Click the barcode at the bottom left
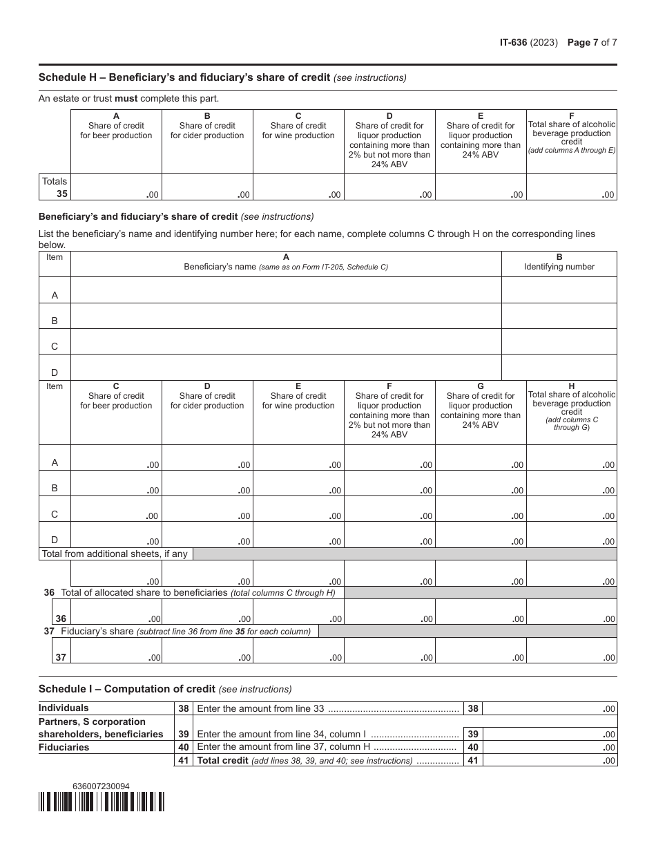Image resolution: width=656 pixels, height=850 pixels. pyautogui.click(x=102, y=801)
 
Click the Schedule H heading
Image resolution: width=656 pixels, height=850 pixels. pyautogui.click(x=184, y=77)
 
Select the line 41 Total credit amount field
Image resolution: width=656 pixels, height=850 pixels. pyautogui.click(x=550, y=760)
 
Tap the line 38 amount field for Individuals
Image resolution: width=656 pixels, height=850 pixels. pyautogui.click(x=550, y=708)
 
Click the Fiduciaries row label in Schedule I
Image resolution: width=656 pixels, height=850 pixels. pyautogui.click(x=64, y=747)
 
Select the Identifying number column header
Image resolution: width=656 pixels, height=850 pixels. pyautogui.click(x=559, y=262)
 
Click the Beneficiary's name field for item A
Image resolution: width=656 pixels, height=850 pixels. pyautogui.click(x=286, y=290)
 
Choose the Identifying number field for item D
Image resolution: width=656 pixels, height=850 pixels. pyautogui.click(x=559, y=367)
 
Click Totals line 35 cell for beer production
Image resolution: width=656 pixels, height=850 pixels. pyautogui.click(x=116, y=187)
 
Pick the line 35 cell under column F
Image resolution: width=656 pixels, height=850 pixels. pyautogui.click(x=571, y=187)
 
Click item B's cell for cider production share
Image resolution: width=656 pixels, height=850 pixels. pyautogui.click(x=207, y=483)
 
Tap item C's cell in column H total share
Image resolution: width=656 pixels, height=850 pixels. pyautogui.click(x=571, y=509)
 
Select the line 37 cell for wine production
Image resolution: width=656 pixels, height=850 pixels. pyautogui.click(x=298, y=650)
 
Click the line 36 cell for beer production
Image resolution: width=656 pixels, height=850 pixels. pyautogui.click(x=116, y=612)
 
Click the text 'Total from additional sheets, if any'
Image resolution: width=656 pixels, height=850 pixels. pyautogui.click(x=115, y=554)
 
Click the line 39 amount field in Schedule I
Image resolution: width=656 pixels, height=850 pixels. pyautogui.click(x=550, y=734)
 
